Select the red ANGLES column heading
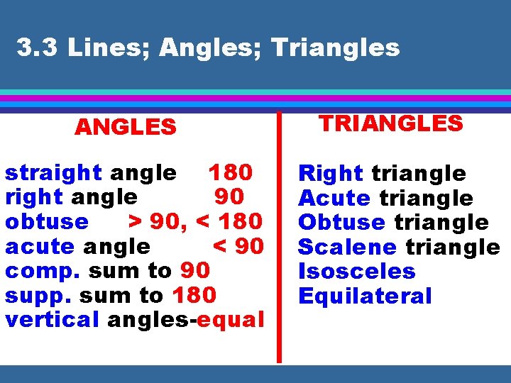point(126,127)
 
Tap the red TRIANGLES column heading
point(390,123)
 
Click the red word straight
point(53,173)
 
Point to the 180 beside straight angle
point(230,172)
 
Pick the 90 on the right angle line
point(229,196)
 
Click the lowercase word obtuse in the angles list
point(47,221)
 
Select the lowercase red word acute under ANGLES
point(40,246)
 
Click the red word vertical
point(52,319)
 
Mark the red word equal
point(231,320)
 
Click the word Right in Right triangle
point(331,174)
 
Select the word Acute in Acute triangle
point(334,198)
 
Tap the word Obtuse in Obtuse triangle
point(341,222)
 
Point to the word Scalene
point(347,247)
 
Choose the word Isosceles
point(357,271)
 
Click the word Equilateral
point(365,296)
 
